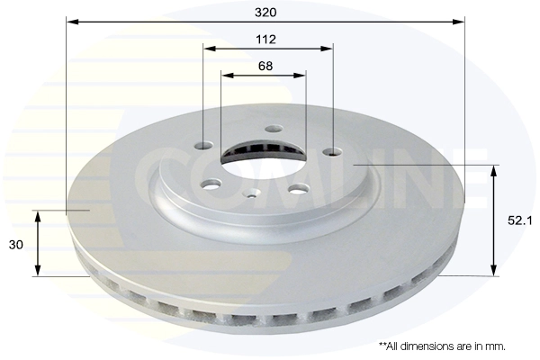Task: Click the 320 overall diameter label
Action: pyautogui.click(x=265, y=13)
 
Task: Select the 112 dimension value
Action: pyautogui.click(x=265, y=40)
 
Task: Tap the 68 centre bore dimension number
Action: pyautogui.click(x=265, y=66)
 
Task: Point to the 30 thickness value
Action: pyautogui.click(x=16, y=245)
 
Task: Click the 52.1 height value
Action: pyautogui.click(x=519, y=220)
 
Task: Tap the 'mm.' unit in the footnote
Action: pyautogui.click(x=497, y=346)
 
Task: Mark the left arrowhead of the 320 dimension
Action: pyautogui.click(x=73, y=22)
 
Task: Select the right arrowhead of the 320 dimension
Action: pyautogui.click(x=458, y=22)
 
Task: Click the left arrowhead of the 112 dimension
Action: pyautogui.click(x=210, y=49)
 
